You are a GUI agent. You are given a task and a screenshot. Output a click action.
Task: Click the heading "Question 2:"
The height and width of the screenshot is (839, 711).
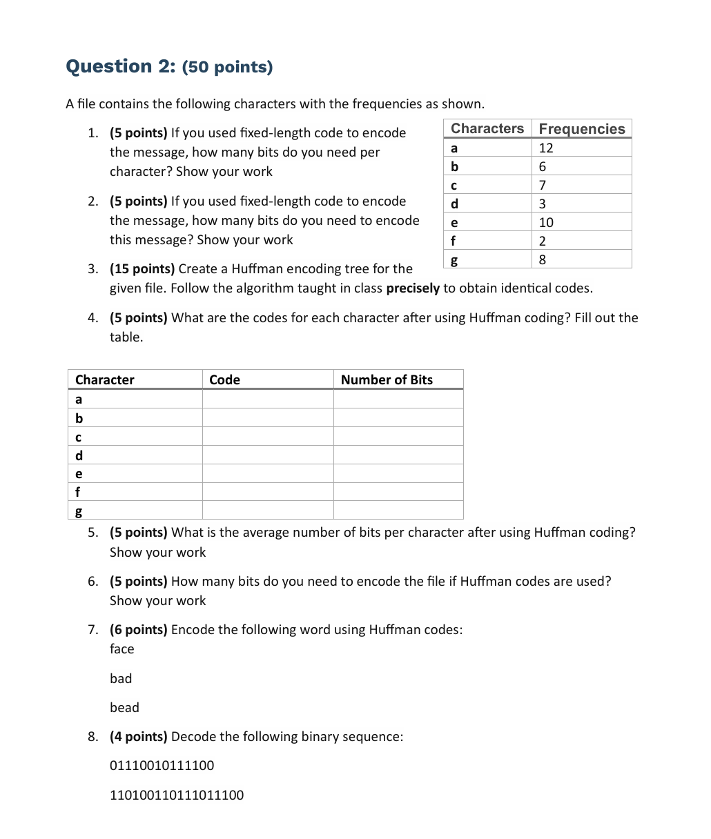[x=121, y=66]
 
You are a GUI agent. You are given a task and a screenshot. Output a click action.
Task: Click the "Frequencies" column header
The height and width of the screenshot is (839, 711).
[x=581, y=129]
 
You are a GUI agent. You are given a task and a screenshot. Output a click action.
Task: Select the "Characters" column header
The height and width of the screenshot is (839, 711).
[x=487, y=129]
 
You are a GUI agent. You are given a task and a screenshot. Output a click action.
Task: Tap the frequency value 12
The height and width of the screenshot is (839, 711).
[x=546, y=148]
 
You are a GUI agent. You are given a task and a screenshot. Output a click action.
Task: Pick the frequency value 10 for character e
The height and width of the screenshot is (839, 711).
[x=546, y=222]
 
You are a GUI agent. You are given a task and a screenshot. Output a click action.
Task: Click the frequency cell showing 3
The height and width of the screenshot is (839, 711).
[x=543, y=204]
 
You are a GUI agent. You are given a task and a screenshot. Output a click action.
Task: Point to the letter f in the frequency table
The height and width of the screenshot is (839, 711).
[x=453, y=241]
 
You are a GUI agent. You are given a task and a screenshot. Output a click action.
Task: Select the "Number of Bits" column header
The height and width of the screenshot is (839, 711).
[x=387, y=379]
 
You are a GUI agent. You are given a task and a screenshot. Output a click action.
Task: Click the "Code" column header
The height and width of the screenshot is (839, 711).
[x=224, y=379]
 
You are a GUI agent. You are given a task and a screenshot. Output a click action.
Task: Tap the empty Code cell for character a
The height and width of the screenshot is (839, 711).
[x=267, y=399]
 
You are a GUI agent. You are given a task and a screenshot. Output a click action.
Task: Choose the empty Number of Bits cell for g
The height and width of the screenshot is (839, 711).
[x=398, y=511]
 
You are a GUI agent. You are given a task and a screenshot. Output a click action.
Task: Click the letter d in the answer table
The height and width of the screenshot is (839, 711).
[x=79, y=455]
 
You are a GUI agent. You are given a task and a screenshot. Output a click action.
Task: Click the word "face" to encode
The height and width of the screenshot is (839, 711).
[x=122, y=649]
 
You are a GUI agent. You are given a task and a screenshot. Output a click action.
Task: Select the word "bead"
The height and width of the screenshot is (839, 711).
[x=124, y=707]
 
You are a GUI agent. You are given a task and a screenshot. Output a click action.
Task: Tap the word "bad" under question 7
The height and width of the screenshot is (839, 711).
[x=121, y=678]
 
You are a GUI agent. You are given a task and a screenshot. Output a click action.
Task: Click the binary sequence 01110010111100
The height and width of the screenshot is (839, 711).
[x=162, y=765]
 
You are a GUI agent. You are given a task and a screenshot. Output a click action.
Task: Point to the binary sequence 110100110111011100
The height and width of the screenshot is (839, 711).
[x=177, y=795]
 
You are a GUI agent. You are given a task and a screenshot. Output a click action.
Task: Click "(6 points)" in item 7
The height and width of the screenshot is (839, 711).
[x=139, y=630]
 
